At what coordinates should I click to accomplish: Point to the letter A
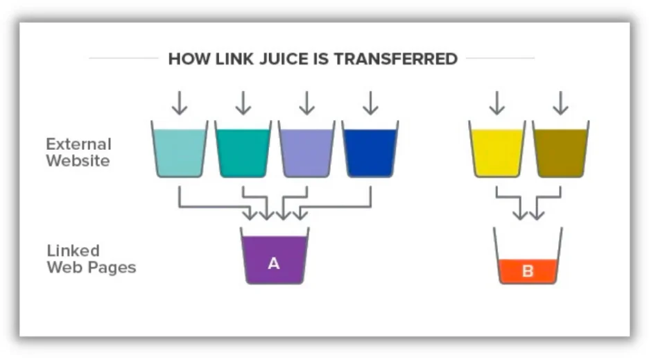(274, 264)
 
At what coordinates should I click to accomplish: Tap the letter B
(528, 271)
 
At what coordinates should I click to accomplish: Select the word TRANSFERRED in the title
(395, 58)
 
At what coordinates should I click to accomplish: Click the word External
(78, 144)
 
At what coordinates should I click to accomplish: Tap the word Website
(78, 161)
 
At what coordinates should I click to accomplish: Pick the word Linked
(73, 250)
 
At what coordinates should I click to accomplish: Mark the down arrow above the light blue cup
(179, 103)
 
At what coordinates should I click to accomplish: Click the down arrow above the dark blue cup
(370, 103)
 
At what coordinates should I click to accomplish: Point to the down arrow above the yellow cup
(496, 103)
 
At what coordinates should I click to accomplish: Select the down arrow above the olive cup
(560, 103)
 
